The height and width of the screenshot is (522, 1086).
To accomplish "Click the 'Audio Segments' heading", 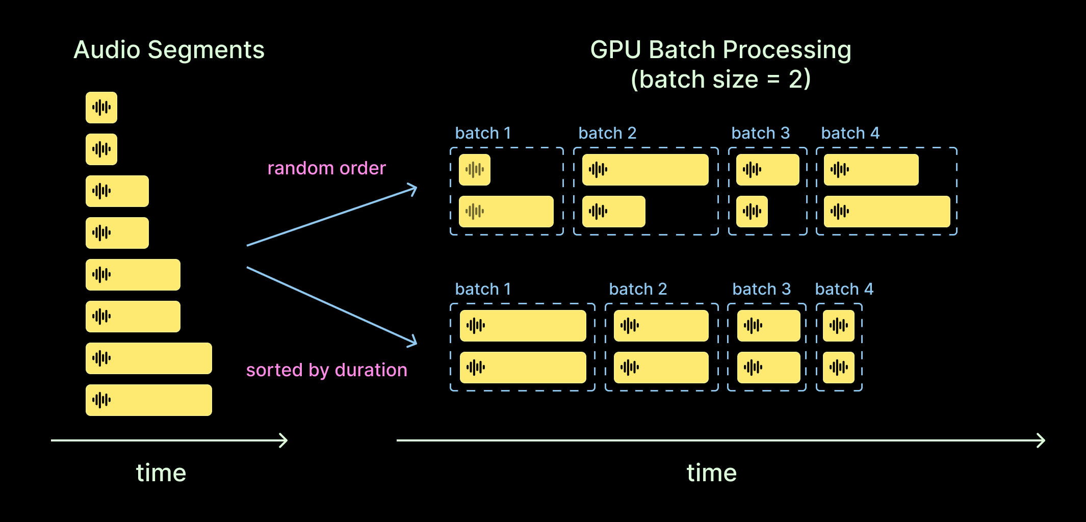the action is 169,50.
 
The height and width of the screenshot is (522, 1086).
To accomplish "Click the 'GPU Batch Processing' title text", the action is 720,50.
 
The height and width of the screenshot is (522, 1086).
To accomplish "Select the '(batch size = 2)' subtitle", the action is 720,80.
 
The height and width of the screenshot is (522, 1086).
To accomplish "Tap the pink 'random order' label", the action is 326,168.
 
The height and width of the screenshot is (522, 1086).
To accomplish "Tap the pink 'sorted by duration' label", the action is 326,371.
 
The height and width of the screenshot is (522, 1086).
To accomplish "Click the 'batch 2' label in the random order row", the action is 607,133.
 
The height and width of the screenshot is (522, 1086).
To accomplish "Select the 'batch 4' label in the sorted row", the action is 844,289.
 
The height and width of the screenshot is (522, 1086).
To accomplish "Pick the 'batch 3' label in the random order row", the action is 760,133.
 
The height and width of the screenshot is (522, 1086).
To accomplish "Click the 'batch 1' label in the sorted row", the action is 483,289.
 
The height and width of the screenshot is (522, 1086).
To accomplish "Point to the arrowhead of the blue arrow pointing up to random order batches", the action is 416,188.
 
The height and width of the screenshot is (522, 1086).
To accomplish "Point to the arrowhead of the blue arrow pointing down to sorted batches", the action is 416,343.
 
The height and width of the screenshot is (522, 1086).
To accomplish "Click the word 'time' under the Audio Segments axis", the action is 161,473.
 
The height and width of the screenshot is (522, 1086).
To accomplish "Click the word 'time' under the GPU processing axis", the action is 712,473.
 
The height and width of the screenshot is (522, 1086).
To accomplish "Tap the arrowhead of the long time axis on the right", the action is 1044,440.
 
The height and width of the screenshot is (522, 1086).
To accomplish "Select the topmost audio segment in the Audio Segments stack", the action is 101,108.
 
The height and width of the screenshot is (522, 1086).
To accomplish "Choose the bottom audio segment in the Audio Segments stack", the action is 149,400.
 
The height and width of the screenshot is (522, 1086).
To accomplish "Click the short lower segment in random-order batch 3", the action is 752,212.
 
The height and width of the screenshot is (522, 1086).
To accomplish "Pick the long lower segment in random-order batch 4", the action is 887,212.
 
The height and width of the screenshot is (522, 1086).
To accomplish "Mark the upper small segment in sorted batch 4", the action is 839,326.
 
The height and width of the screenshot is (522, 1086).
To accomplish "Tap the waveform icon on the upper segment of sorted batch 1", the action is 476,325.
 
